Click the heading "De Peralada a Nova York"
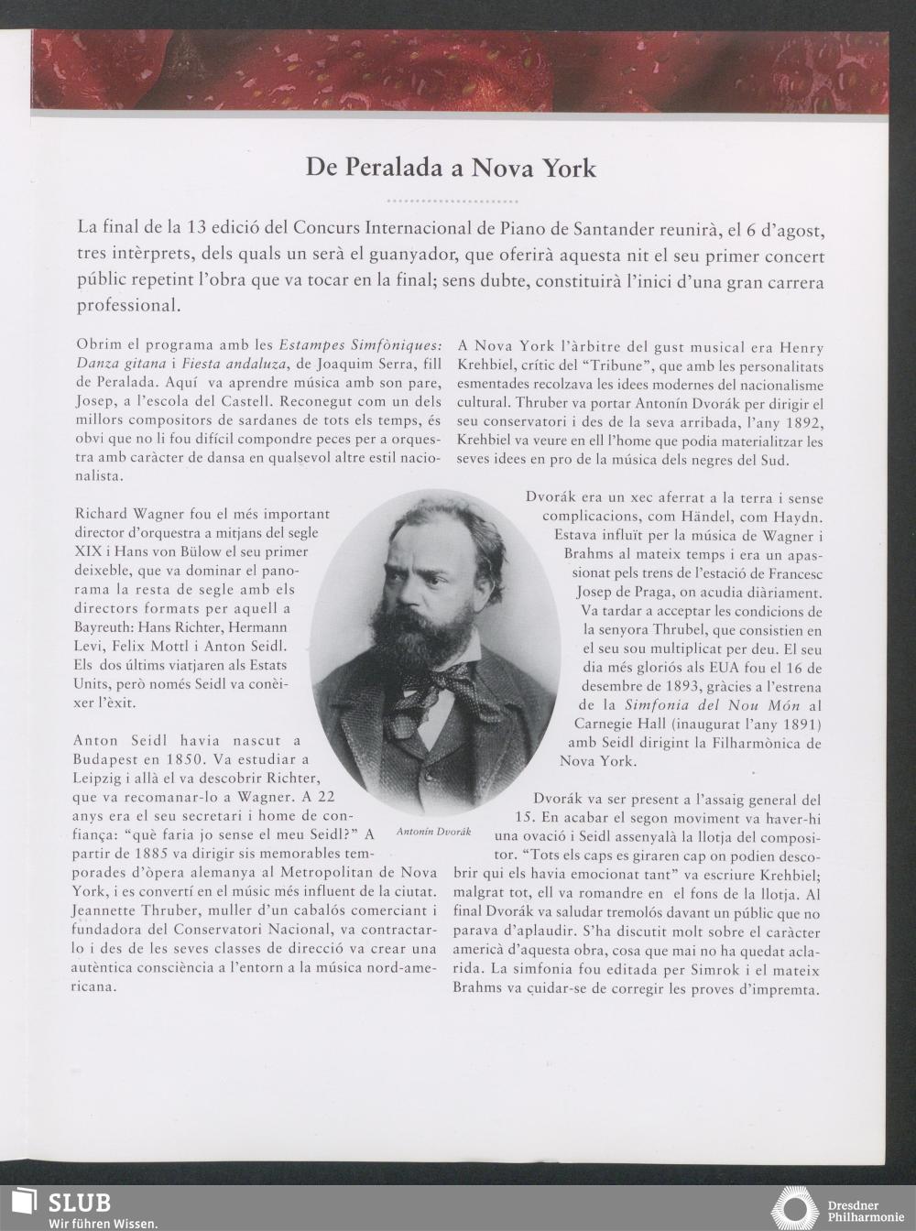(451, 169)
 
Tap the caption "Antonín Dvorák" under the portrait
(433, 832)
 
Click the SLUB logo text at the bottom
(79, 1202)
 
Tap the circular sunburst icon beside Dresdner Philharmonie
(795, 1208)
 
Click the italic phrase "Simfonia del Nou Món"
(713, 705)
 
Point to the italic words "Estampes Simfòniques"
(361, 346)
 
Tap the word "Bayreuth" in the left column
(105, 627)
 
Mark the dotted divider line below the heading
(452, 201)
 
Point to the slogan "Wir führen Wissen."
(103, 1223)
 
